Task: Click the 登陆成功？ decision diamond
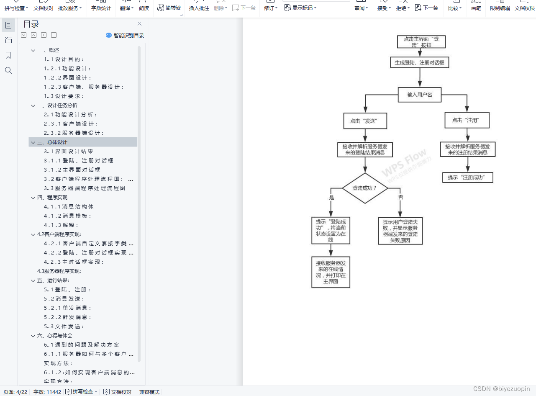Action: tap(365, 188)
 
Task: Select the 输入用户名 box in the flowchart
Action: tap(420, 95)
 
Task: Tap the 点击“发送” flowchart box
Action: tap(365, 121)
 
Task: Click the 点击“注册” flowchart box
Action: tap(467, 120)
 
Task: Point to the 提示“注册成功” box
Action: tap(467, 177)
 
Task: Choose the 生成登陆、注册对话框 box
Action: tap(420, 63)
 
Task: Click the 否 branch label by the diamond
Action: tap(400, 197)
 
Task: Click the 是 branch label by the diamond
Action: tap(332, 197)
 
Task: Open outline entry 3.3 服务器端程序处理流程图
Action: tap(85, 188)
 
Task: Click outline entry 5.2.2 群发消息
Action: tap(67, 317)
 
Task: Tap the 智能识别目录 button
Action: tap(125, 36)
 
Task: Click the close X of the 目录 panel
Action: tap(140, 24)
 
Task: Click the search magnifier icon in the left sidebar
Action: tap(8, 70)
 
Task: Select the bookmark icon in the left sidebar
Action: tap(8, 55)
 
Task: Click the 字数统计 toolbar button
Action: tap(101, 8)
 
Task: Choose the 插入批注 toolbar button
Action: tap(199, 8)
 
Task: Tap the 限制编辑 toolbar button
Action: tap(500, 8)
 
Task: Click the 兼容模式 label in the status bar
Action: tap(149, 392)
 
